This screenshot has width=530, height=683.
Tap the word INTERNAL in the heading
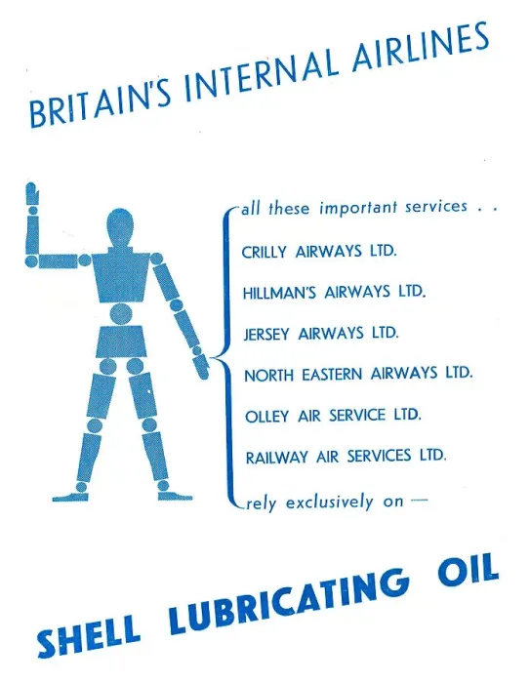262,69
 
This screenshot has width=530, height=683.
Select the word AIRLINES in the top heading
420,45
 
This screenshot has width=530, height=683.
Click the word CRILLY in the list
265,252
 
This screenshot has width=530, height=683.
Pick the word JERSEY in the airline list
266,334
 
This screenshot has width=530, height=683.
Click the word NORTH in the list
269,375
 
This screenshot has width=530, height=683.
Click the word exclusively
330,502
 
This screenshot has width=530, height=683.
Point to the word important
358,208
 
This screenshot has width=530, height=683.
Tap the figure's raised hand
32,194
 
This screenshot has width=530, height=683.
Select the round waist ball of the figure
120,314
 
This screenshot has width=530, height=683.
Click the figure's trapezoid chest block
120,276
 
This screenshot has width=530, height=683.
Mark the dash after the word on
419,500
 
